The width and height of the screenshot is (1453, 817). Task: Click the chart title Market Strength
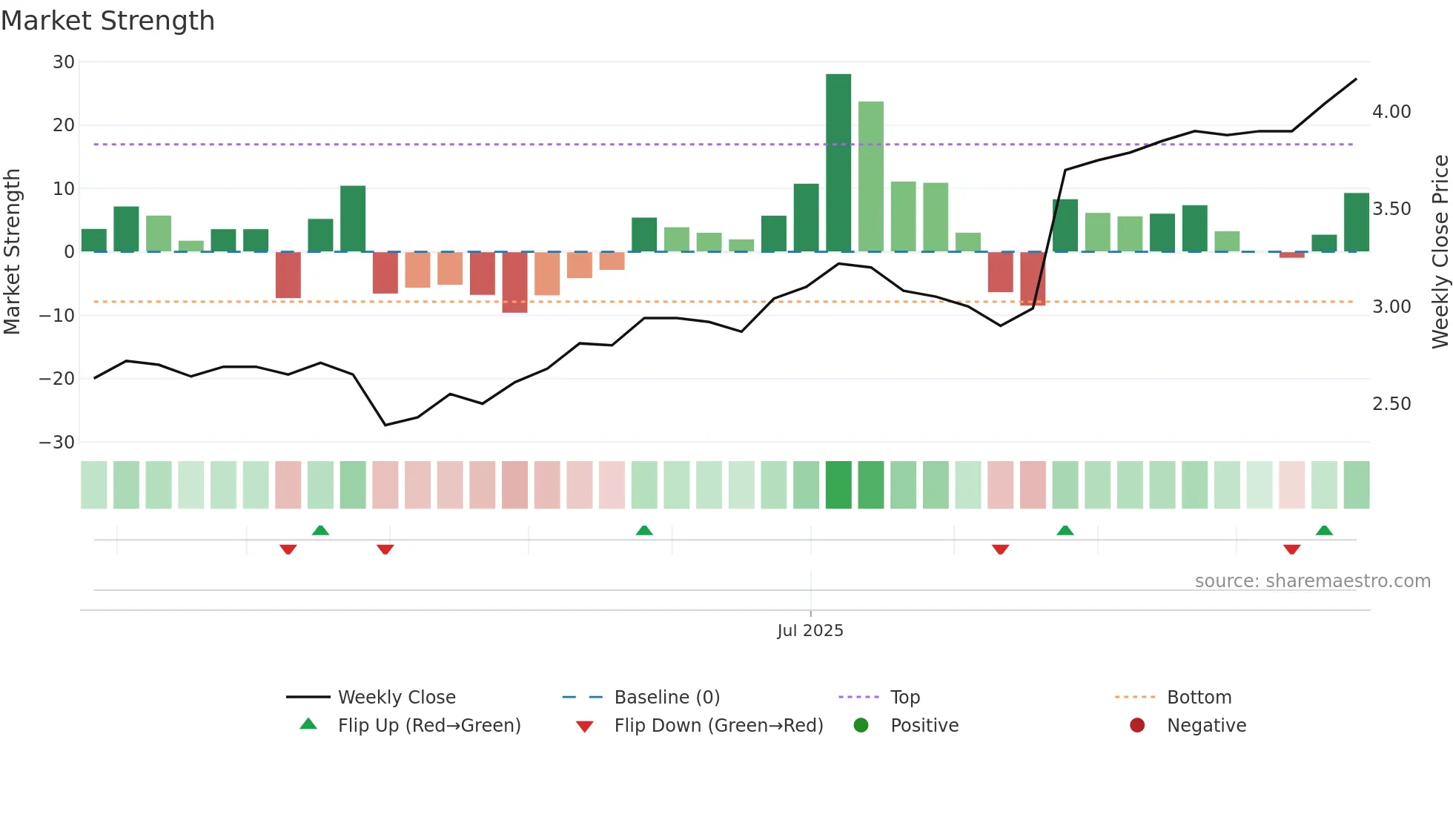107,21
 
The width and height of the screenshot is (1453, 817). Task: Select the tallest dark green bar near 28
838,163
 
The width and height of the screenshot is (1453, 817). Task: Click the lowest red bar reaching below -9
514,282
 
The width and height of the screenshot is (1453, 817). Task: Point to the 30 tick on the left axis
64,62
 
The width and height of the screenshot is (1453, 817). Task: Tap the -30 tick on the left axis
57,443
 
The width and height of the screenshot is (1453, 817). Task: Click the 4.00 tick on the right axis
1391,112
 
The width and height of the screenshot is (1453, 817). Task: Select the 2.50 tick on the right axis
1391,404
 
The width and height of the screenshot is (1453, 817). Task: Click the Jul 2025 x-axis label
810,631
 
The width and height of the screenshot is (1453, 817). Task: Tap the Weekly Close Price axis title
1440,252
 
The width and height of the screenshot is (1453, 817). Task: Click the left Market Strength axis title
12,252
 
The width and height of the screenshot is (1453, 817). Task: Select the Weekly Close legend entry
397,698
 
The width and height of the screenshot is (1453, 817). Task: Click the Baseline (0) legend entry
666,698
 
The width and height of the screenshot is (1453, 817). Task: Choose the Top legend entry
905,698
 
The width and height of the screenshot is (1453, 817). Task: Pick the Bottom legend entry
1199,698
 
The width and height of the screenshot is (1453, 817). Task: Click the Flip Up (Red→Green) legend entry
429,726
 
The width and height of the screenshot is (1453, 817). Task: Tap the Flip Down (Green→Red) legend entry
718,726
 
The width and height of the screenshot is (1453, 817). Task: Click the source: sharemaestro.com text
1312,581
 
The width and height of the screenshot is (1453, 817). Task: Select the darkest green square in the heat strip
838,485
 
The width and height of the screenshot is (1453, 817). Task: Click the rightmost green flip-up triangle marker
1324,530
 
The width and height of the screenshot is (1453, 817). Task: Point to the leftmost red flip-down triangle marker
288,549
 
